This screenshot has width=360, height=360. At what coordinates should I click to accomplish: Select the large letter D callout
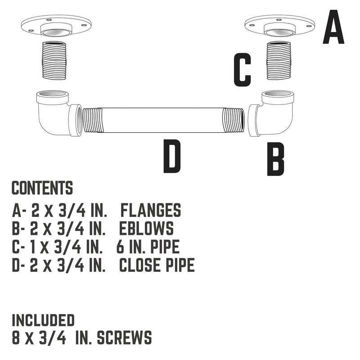click(172, 156)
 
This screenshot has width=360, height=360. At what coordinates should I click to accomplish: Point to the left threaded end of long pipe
click(93, 121)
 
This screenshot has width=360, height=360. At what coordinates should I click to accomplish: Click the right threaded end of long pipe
click(234, 121)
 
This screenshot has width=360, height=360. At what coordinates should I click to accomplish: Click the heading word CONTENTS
click(42, 188)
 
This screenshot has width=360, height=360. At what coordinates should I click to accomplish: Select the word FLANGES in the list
click(151, 211)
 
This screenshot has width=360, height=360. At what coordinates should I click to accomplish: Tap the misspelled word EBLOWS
click(146, 229)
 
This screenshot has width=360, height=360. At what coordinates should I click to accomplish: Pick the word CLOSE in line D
click(139, 265)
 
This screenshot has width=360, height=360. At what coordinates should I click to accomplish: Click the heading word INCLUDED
click(43, 320)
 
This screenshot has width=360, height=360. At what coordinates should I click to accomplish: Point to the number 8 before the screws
click(16, 338)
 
